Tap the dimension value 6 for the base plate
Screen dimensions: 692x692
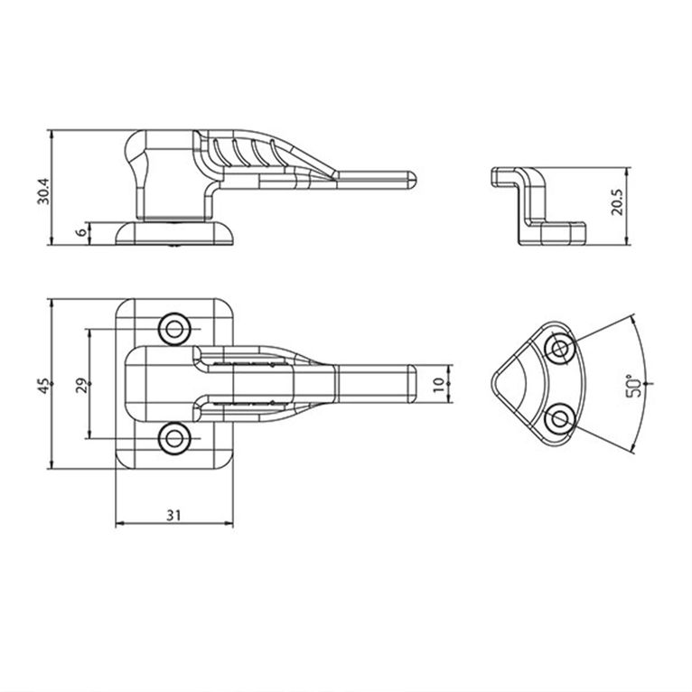click(x=82, y=231)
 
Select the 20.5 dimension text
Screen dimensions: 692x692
click(x=617, y=202)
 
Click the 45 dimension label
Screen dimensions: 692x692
click(x=43, y=385)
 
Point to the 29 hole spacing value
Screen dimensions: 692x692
click(x=81, y=385)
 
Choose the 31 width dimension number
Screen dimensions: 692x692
click(x=173, y=515)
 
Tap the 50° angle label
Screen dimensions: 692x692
click(x=633, y=386)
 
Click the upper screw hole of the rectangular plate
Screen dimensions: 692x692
click(x=174, y=329)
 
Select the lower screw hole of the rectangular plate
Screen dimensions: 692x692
click(x=174, y=439)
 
